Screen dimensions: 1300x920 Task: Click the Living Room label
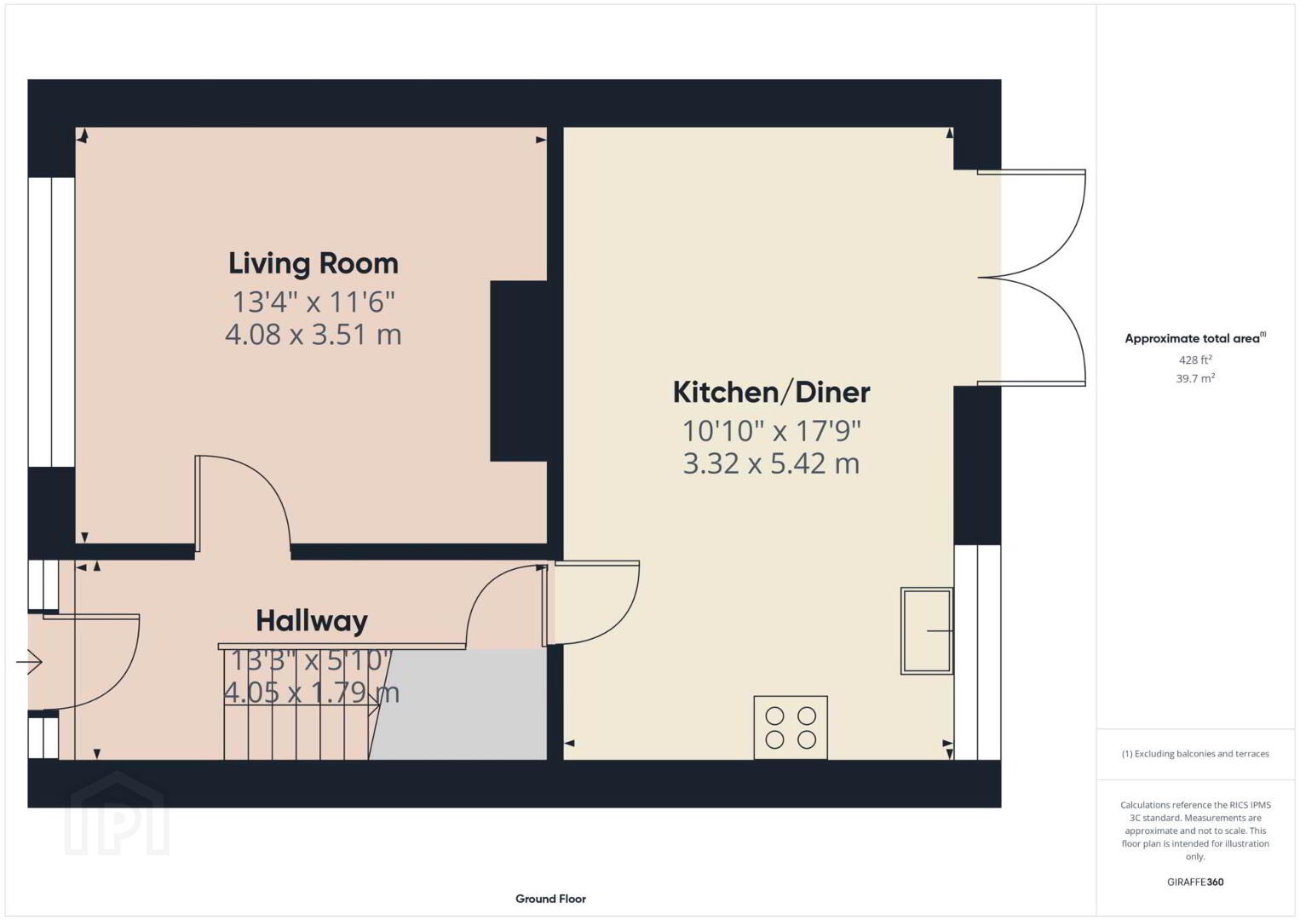click(313, 263)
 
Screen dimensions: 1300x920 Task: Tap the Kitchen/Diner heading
click(771, 393)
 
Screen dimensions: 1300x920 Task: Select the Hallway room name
click(312, 622)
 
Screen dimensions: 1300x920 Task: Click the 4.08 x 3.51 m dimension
click(313, 334)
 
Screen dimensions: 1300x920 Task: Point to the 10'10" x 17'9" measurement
click(771, 431)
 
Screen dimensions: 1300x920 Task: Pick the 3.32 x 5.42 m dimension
click(771, 463)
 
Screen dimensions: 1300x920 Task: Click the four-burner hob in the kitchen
click(791, 727)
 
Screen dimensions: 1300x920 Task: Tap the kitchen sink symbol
click(927, 631)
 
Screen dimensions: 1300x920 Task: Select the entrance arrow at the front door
click(29, 662)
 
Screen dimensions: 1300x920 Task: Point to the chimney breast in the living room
click(519, 371)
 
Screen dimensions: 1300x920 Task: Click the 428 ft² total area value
click(1195, 359)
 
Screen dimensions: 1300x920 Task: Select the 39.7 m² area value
click(1195, 378)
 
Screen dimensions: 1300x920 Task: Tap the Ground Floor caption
click(551, 899)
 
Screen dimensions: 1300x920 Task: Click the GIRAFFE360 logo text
click(1195, 883)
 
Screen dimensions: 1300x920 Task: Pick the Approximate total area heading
click(1195, 338)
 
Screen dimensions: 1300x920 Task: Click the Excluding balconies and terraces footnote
click(1195, 754)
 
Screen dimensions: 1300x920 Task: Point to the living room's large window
click(51, 322)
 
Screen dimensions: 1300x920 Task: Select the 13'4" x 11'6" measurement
click(313, 302)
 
